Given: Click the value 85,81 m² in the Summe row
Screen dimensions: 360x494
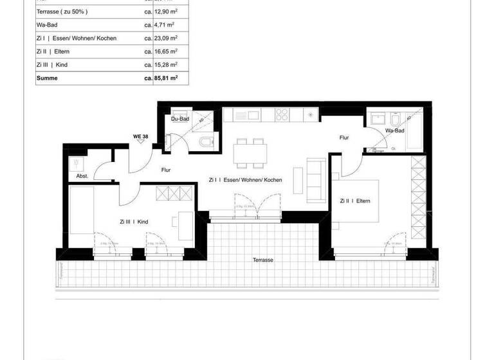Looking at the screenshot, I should tap(166, 78).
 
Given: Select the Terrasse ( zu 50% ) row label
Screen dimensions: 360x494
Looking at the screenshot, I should tap(63, 12).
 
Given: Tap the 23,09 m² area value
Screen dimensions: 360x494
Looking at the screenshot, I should tap(166, 38).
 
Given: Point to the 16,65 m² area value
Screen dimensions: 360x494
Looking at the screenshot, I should tap(166, 51).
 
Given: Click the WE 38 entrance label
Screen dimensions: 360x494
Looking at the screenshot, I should tap(140, 136).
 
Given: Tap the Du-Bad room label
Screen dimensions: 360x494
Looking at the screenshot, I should tap(179, 119).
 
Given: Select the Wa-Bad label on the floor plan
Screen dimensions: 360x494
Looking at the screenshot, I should tap(394, 131).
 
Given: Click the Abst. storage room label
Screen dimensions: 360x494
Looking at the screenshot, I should tap(82, 175).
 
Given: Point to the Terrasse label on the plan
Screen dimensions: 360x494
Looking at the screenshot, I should tap(263, 260).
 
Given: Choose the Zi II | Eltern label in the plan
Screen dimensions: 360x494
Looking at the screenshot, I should tap(355, 201).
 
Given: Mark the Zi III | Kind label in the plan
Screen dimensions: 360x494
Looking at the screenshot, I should tap(134, 222).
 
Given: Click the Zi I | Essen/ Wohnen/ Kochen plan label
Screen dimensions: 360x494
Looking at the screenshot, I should tap(245, 181).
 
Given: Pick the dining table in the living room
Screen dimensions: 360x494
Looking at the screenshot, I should tap(250, 154).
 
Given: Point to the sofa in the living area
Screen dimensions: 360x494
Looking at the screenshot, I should tap(315, 177).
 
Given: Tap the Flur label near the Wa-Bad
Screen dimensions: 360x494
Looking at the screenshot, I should tap(344, 138).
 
